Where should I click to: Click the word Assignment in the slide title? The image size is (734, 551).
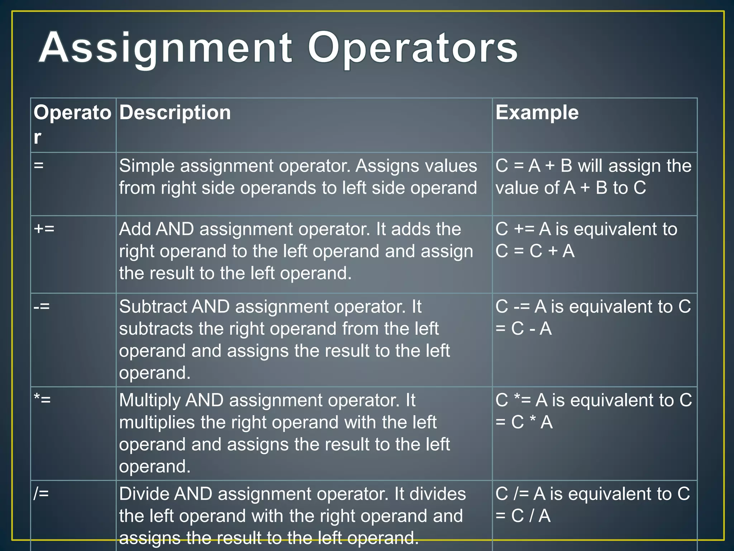click(165, 48)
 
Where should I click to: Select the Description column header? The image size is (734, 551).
click(175, 113)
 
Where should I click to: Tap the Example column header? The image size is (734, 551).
click(537, 113)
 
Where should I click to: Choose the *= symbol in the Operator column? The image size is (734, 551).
click(42, 400)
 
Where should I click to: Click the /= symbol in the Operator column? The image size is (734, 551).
click(41, 494)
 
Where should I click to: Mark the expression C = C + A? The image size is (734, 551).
click(535, 251)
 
